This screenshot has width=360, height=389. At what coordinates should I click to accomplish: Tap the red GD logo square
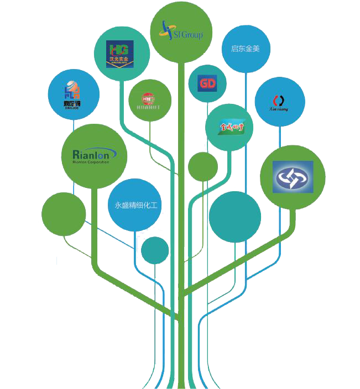pos(206,83)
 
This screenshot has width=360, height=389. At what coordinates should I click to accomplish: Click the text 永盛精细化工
pos(135,206)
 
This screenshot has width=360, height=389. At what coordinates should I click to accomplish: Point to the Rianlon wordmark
pos(93,153)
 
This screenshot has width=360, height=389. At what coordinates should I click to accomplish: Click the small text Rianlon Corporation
pos(91,162)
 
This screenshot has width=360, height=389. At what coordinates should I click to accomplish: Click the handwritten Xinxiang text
pos(279,109)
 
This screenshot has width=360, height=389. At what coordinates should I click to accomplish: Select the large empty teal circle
pos(235,217)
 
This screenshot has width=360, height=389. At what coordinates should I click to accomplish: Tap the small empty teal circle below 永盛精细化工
pos(155,250)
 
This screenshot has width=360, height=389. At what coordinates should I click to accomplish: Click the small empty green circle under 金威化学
pos(203,166)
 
